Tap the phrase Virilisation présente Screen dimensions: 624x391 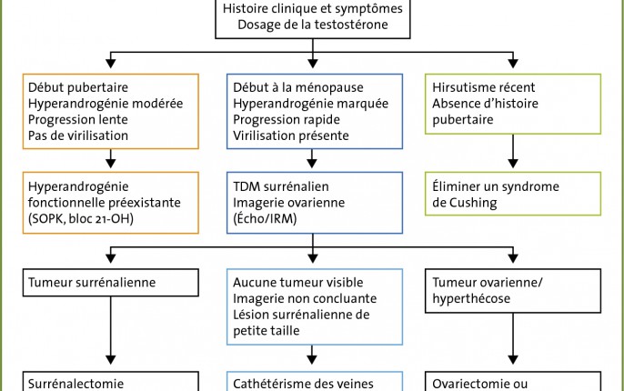pos(291,135)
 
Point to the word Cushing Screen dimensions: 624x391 pos(473,203)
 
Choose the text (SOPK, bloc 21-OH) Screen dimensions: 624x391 pos(81,219)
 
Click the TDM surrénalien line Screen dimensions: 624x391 pos(281,186)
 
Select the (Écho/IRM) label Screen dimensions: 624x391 pos(265,219)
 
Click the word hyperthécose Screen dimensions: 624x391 pos(471,299)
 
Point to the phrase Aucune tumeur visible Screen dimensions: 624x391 pos(298,283)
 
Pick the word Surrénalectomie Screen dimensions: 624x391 pos(75,384)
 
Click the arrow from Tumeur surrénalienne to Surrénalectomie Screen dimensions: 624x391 pos(111,331)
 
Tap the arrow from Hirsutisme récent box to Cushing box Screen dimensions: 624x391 pos(513,151)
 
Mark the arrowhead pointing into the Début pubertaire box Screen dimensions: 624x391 pos(111,64)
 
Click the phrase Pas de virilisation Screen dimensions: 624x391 pos(78,135)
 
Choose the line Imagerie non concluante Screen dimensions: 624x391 pos(305,299)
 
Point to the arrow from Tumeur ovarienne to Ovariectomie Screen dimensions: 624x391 pos(513,338)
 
